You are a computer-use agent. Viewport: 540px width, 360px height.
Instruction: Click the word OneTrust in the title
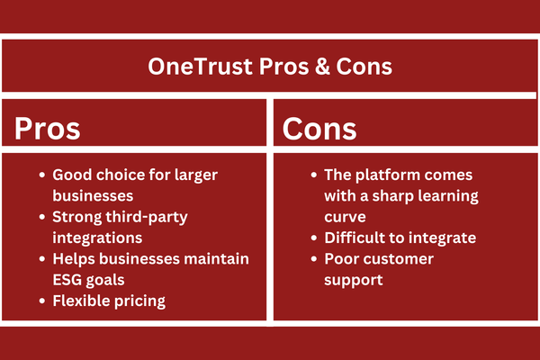pyautogui.click(x=200, y=66)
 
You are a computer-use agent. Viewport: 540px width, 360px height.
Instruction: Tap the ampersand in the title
pyautogui.click(x=322, y=66)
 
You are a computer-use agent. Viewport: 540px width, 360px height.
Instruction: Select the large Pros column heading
pyautogui.click(x=47, y=128)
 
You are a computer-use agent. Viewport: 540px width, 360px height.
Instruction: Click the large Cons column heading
pyautogui.click(x=319, y=128)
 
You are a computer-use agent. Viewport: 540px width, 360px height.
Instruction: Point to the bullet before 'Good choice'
pyautogui.click(x=42, y=175)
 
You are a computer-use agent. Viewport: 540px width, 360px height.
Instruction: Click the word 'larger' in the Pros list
pyautogui.click(x=196, y=175)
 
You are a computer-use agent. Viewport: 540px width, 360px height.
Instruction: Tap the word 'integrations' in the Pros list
pyautogui.click(x=97, y=238)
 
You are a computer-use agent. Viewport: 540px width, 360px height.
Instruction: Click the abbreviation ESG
pyautogui.click(x=67, y=280)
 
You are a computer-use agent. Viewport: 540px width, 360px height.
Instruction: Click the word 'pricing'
pyautogui.click(x=139, y=301)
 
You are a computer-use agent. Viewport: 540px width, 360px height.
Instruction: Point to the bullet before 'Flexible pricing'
pyautogui.click(x=42, y=301)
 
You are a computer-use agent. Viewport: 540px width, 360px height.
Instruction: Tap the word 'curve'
pyautogui.click(x=345, y=218)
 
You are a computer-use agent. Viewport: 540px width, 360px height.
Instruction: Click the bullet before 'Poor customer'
pyautogui.click(x=314, y=259)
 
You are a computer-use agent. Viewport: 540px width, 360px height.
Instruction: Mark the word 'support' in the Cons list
pyautogui.click(x=354, y=281)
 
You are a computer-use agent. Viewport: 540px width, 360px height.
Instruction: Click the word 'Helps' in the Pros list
pyautogui.click(x=74, y=259)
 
